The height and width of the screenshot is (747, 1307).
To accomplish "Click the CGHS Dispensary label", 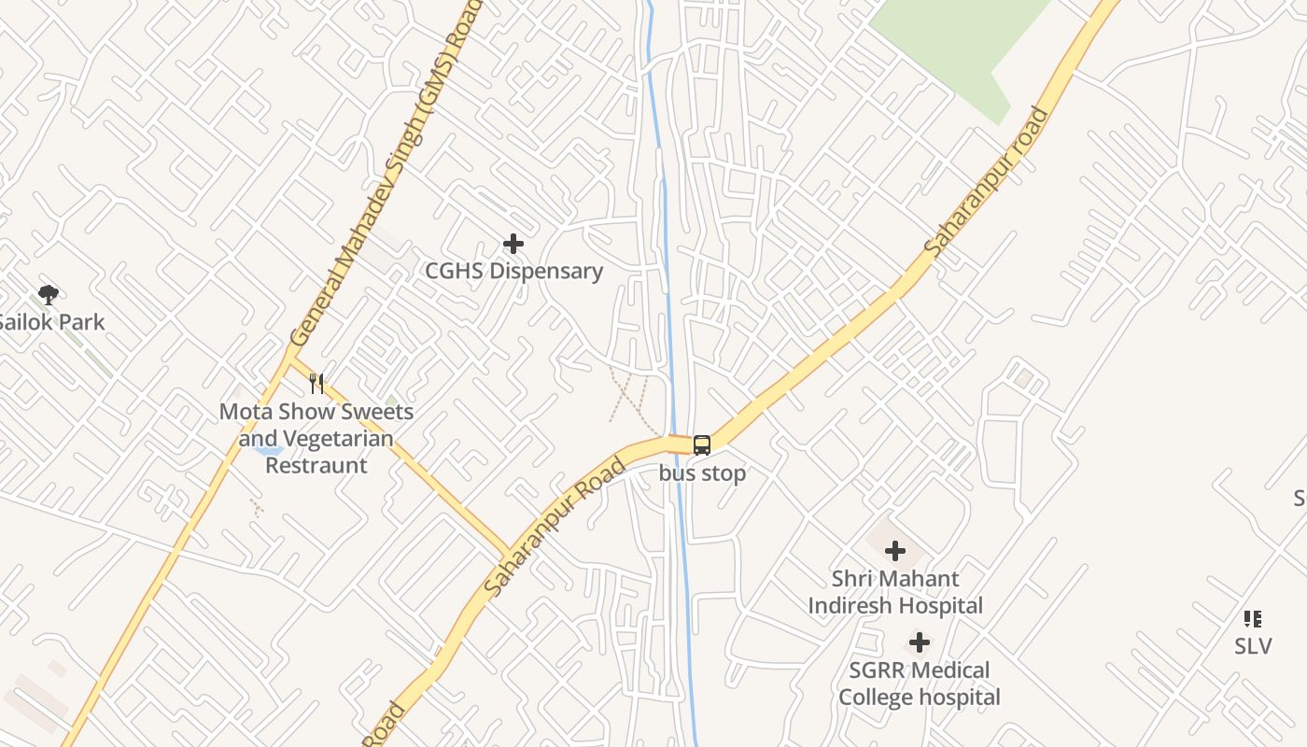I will click(513, 271).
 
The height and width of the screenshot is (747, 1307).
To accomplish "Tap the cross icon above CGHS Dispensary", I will click(513, 244).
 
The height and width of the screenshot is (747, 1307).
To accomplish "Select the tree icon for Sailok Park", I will click(49, 295).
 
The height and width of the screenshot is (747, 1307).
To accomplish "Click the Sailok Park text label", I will click(50, 322).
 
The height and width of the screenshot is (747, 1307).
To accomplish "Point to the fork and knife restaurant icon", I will click(316, 383).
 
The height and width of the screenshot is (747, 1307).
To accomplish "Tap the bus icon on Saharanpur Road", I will click(702, 445).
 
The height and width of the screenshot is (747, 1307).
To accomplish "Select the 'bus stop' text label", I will click(702, 473).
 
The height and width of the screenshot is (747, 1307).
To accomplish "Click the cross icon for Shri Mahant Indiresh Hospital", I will click(895, 551).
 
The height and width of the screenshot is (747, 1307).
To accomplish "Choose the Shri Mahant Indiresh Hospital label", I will click(895, 592).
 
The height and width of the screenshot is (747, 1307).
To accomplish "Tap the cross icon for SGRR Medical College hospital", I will click(920, 642).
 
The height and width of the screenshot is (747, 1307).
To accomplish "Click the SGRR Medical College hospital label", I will click(920, 684).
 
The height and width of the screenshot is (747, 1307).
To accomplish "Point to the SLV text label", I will click(1253, 646).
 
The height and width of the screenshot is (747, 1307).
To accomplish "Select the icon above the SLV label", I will click(1253, 618).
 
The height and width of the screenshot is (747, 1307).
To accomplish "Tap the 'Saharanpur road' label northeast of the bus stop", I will click(988, 183).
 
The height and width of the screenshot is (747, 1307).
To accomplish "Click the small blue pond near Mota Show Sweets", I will click(267, 450).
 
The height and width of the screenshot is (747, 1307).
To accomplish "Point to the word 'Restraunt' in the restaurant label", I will click(316, 465).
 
